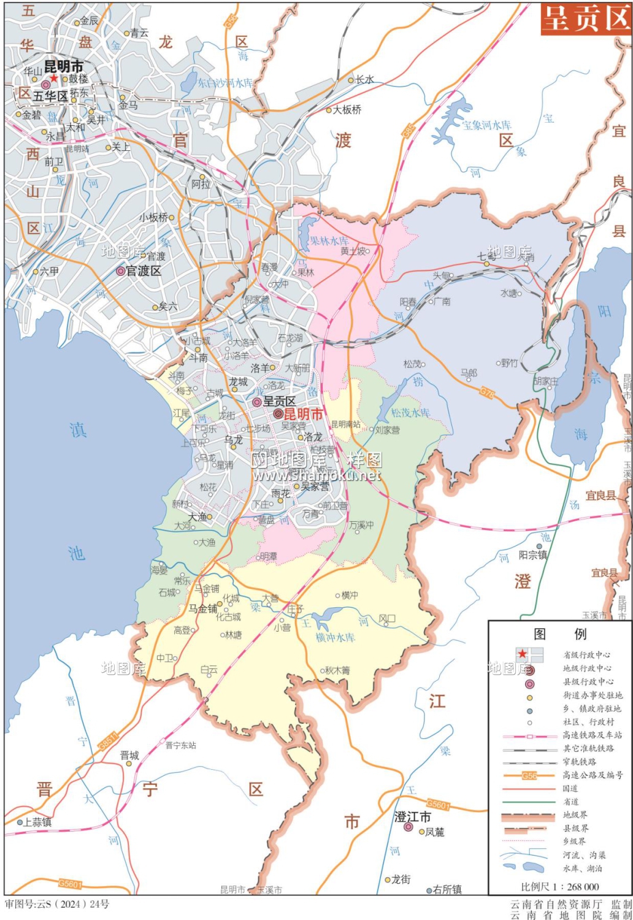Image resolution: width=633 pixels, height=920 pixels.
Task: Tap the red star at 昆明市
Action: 54,79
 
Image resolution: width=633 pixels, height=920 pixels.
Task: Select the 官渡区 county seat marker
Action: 120,271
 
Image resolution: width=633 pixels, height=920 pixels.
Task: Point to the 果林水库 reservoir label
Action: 329,241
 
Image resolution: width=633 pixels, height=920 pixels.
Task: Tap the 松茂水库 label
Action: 410,413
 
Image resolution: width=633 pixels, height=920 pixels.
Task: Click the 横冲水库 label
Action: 336,637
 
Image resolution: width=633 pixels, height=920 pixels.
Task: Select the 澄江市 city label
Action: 412,817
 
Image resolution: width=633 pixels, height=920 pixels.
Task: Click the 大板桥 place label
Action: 347,110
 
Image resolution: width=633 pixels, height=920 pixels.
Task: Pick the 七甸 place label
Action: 486,257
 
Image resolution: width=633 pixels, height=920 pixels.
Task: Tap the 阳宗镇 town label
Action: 532,554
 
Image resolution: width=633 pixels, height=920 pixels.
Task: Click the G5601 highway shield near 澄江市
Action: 438,805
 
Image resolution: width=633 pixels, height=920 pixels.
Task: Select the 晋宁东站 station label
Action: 181,745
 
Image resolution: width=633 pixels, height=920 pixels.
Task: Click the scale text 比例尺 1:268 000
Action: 559,886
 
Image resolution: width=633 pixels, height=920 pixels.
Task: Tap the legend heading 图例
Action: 560,634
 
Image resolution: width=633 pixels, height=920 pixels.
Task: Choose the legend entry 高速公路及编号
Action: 593,775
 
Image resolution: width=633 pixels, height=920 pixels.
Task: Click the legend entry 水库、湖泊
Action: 582,868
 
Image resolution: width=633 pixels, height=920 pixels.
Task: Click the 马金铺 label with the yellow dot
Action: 202,608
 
